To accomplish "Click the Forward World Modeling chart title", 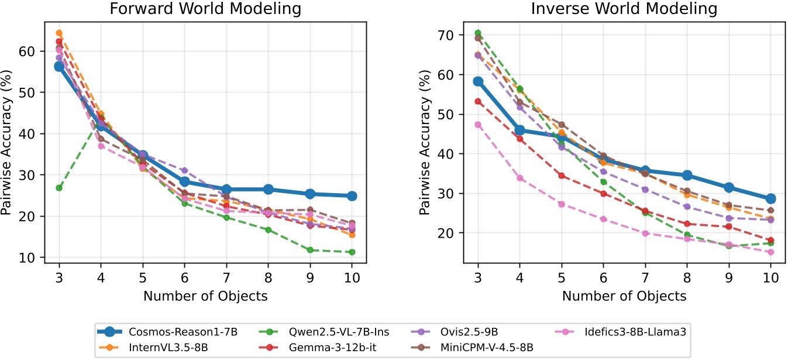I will [x=205, y=9].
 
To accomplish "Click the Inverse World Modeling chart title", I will [x=624, y=9].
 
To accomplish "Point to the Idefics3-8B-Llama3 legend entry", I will [x=618, y=332].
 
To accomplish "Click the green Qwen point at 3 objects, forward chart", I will [x=59, y=188].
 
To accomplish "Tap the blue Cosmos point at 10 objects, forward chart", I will [x=352, y=196].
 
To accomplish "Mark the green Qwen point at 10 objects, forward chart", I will [x=352, y=252].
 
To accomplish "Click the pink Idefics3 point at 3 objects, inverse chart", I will [x=478, y=125].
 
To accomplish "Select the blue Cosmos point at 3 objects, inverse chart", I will [x=478, y=81].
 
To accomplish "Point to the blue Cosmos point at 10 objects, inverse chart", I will [x=770, y=199].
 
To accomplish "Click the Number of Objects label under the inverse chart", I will [x=624, y=296].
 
